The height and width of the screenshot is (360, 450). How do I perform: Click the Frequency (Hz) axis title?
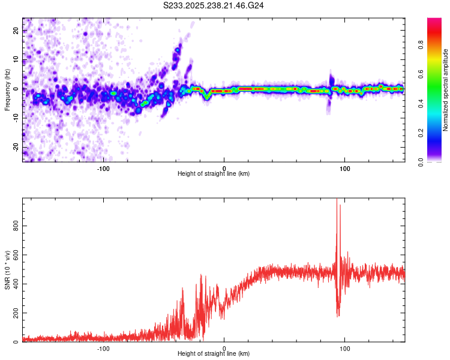point(7,89)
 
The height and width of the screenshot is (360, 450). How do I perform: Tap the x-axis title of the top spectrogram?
point(214,173)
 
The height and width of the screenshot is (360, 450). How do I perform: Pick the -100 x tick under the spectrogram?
point(103,167)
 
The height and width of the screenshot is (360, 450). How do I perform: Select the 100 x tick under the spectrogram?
point(345,167)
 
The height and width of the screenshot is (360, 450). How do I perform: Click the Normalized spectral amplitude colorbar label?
point(446,90)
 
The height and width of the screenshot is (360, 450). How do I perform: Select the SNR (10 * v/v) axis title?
point(7,269)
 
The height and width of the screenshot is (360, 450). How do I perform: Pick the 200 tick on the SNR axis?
point(14,313)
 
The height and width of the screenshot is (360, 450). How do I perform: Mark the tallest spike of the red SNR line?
point(337,200)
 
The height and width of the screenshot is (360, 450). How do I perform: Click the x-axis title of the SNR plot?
point(214,353)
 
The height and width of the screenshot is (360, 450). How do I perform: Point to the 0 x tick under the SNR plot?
point(224,347)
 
